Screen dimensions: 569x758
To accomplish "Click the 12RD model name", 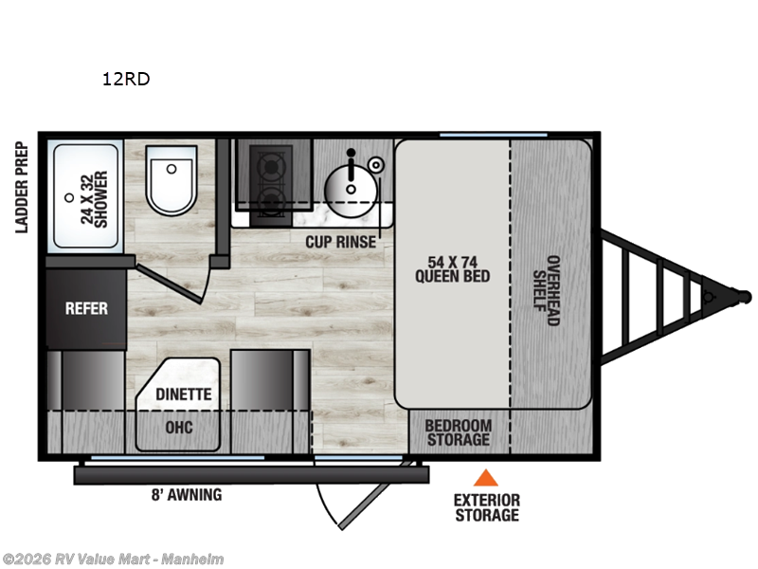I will pos(126,80).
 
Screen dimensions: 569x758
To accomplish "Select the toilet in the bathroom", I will pos(171,179).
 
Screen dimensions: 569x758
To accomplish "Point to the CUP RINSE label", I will pos(340,242).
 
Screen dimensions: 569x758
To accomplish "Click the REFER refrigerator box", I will pos(86,308).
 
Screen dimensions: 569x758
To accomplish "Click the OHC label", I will pos(179,428).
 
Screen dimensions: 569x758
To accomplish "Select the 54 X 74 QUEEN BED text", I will pos(452,268).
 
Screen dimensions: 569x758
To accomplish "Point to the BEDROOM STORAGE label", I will pos(458,432).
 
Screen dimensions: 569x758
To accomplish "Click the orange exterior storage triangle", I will pos(486,478).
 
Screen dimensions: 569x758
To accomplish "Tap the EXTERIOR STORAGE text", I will pos(486,507).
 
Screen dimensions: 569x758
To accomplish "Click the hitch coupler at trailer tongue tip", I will pos(741,297).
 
